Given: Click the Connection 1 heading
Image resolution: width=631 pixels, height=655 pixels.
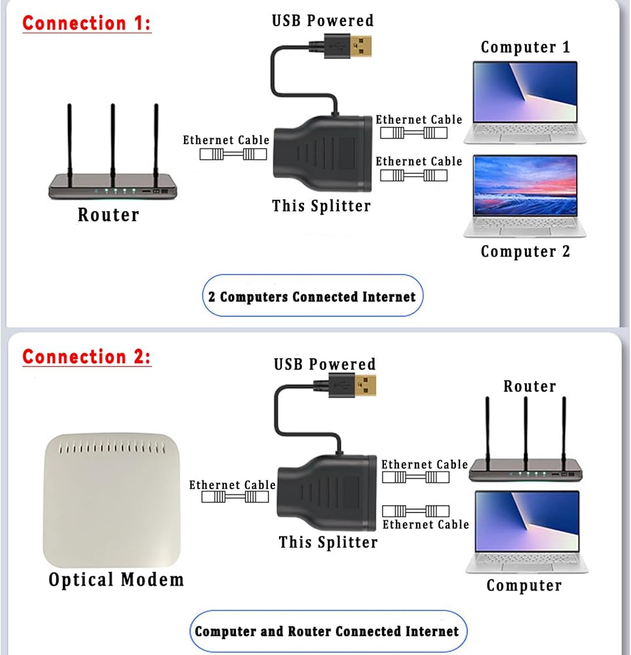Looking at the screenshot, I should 86,23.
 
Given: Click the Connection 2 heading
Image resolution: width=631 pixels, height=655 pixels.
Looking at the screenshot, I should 86,357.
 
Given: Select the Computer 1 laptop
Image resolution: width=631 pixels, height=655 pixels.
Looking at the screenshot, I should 525,102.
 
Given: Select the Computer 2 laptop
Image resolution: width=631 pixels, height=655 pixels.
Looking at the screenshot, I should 525,195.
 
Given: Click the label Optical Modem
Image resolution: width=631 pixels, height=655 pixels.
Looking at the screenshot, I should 116,580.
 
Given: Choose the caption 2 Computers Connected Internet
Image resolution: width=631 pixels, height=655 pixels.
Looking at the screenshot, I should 312,297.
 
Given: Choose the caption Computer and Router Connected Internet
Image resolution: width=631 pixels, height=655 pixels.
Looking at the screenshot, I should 327,631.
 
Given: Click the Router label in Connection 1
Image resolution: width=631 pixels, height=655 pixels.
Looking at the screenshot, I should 108,215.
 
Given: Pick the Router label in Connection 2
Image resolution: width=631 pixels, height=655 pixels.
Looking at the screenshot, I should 529,386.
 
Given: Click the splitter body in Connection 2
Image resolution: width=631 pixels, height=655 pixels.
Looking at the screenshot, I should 326,492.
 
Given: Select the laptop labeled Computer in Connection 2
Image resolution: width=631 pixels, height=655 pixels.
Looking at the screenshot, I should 527,531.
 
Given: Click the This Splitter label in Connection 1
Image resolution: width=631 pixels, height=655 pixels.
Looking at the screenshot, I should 322,206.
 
